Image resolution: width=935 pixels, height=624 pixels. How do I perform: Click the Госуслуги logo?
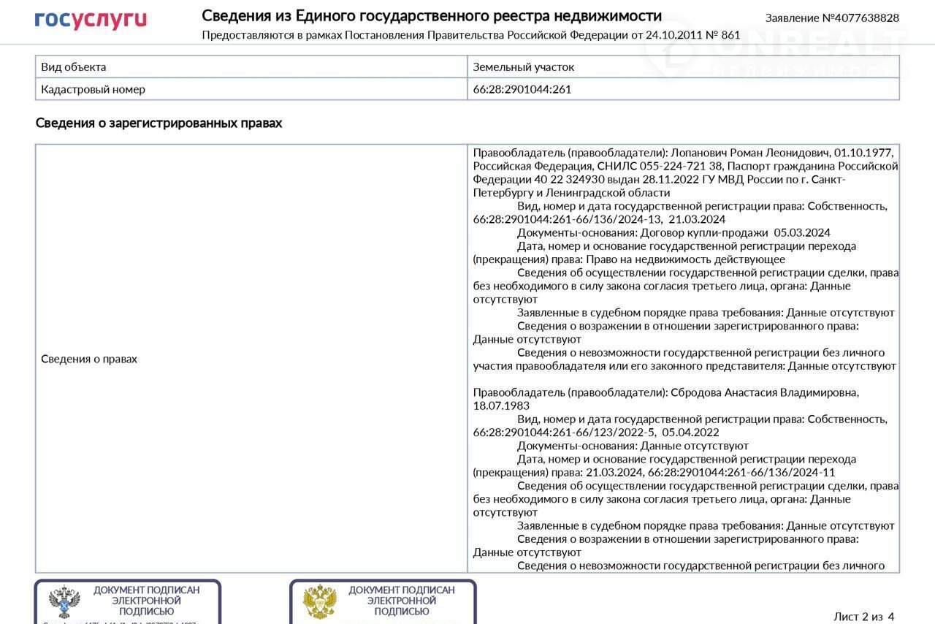point(91,20)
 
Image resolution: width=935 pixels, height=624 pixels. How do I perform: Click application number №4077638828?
point(832,18)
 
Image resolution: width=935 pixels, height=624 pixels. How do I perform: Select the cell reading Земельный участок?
point(523,66)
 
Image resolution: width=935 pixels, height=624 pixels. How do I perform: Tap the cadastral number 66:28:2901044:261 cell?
point(522,89)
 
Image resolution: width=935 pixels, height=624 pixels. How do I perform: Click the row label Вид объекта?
point(74,66)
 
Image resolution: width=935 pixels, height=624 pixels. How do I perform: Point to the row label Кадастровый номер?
point(93,89)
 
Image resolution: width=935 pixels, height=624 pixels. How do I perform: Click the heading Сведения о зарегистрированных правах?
point(159,123)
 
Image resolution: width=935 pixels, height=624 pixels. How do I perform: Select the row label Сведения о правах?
point(89,359)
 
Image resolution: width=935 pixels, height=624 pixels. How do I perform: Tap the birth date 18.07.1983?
point(501,406)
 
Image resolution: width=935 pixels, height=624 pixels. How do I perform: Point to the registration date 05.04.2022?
point(690,432)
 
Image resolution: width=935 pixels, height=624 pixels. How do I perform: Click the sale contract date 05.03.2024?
point(802,232)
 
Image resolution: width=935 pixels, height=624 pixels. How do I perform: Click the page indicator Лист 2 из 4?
point(863,616)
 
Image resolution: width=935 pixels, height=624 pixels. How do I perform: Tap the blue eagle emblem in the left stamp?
point(64,601)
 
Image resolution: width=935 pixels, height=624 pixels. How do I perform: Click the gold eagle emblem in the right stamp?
point(320,601)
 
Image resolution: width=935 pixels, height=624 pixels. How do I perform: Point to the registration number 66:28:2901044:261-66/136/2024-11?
point(741,472)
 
